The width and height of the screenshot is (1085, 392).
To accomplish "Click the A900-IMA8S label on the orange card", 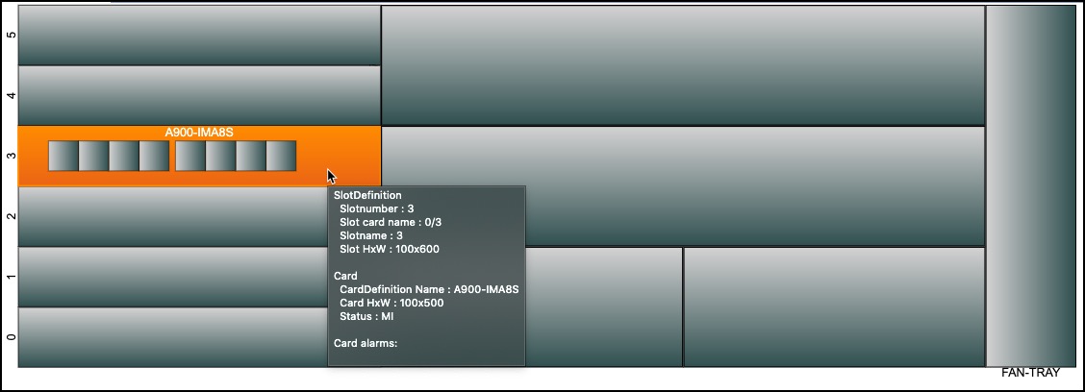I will click(200, 133).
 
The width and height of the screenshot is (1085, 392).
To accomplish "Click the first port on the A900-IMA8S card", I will click(63, 156).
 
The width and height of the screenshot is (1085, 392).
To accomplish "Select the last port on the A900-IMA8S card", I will click(281, 156).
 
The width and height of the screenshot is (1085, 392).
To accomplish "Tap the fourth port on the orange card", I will click(154, 156).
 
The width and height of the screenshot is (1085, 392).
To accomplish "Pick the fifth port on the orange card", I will click(189, 156).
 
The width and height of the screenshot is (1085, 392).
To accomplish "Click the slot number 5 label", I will click(11, 35).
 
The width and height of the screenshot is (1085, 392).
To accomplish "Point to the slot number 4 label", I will click(11, 95).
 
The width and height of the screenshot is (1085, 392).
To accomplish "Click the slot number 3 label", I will click(11, 156).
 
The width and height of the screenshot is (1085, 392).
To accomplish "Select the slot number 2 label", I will click(11, 216).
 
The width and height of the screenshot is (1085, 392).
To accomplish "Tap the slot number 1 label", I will click(11, 277).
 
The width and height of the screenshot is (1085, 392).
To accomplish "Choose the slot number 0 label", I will click(11, 336).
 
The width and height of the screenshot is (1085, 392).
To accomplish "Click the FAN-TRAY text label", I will click(1030, 373).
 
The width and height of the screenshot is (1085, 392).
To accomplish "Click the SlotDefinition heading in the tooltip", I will click(367, 195).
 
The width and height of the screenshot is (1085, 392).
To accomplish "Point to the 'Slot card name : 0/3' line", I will click(391, 222).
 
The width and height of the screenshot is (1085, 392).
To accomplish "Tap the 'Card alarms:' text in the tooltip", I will click(366, 343).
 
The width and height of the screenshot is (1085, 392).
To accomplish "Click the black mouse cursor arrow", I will click(331, 177).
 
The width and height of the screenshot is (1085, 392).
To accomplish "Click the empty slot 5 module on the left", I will click(199, 35).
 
